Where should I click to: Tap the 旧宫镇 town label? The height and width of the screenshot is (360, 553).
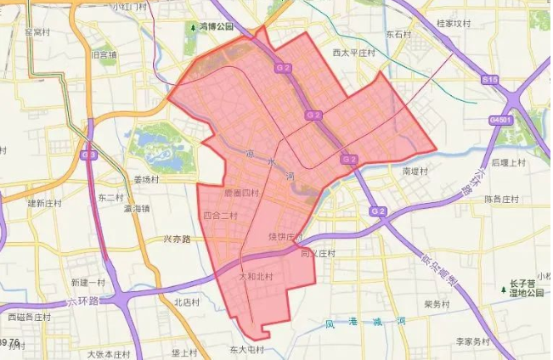point(103,55)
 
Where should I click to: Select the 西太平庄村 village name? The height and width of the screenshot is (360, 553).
point(354,53)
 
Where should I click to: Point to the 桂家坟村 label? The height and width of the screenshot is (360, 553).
point(453,23)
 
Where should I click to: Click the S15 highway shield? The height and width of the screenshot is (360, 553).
point(489,79)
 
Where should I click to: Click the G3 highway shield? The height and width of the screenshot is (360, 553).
point(89,155)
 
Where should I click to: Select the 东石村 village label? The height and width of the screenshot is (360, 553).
point(398,36)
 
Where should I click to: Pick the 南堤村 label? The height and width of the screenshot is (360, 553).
point(415,171)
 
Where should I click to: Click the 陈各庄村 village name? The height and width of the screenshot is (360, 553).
point(502,199)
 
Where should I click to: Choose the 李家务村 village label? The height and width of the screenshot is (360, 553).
point(473,341)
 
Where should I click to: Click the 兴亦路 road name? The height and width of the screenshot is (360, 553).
point(178,239)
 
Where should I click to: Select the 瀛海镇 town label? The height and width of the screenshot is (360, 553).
point(137,208)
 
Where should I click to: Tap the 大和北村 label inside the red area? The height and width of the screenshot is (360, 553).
point(256,277)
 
